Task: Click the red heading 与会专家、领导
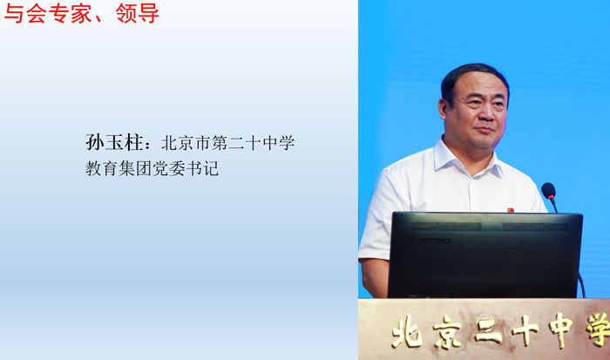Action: click(x=81, y=13)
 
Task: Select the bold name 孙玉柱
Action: click(x=114, y=142)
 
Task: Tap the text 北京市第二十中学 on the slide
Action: click(x=228, y=143)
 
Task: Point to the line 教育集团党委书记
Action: click(x=152, y=168)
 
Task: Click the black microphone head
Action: click(x=548, y=190)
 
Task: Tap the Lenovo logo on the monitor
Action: click(x=430, y=241)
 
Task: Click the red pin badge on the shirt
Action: click(x=510, y=210)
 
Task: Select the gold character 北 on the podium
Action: click(x=407, y=331)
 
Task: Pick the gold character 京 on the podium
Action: click(x=447, y=331)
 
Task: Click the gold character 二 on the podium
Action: click(x=488, y=331)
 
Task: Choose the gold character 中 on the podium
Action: click(x=560, y=330)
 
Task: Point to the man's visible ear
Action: click(x=444, y=110)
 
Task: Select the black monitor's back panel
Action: click(x=485, y=255)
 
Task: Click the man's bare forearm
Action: click(x=375, y=278)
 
